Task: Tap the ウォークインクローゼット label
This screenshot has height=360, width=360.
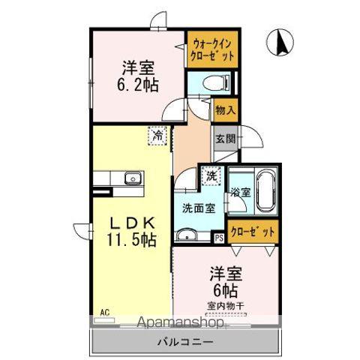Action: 212,49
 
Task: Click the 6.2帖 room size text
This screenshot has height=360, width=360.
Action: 136,85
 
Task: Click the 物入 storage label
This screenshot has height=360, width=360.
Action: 225,110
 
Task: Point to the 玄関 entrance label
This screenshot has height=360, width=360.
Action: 225,138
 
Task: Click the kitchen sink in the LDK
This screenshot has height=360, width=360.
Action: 132,178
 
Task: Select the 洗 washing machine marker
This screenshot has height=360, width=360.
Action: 211,176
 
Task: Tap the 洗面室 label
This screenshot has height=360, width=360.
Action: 199,208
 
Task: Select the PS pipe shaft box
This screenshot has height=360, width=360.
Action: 219,238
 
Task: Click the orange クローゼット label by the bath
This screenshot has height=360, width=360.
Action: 250,232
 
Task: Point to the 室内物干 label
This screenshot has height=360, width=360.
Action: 226,305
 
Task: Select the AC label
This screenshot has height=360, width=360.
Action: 104,309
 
